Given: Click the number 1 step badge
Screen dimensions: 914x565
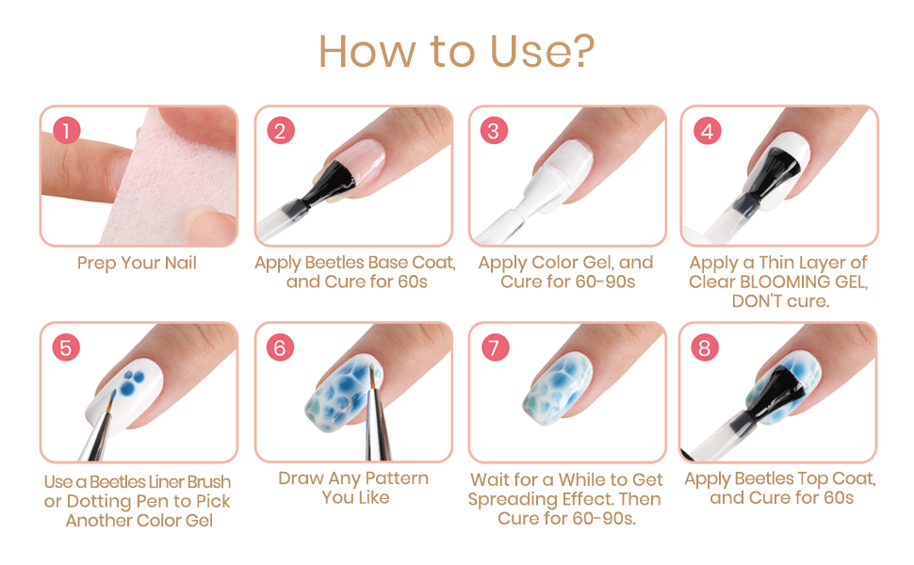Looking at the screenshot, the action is coord(67,131).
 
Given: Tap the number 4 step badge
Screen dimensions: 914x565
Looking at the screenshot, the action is coord(707,131).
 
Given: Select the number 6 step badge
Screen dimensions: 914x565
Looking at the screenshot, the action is coord(281,347).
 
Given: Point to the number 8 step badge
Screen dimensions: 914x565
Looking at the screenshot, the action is coord(705,347).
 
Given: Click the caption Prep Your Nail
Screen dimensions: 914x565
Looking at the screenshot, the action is coord(137,264).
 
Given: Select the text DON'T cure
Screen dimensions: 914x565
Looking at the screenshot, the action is coord(780,301).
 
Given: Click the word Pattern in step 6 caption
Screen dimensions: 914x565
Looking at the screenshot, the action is coord(397,478).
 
